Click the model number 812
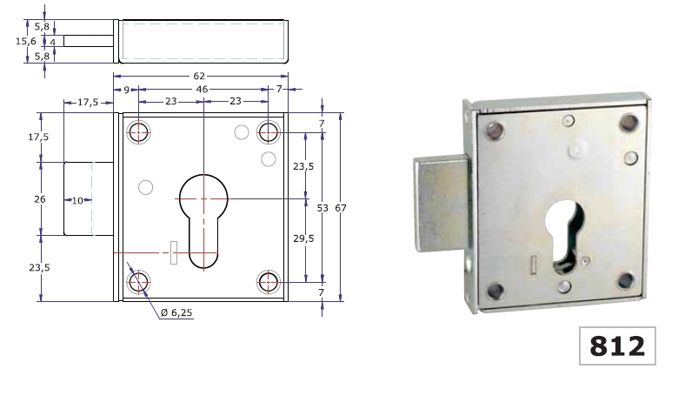pyautogui.click(x=617, y=346)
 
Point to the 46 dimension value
pyautogui.click(x=203, y=90)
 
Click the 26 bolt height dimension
pyautogui.click(x=39, y=199)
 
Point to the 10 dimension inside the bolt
pyautogui.click(x=76, y=201)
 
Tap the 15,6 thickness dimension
pyautogui.click(x=26, y=41)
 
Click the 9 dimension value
pyautogui.click(x=127, y=90)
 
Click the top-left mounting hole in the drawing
pyautogui.click(x=139, y=132)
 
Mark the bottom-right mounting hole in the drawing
pyautogui.click(x=268, y=282)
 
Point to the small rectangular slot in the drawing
pyautogui.click(x=174, y=252)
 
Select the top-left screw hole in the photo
pyautogui.click(x=496, y=131)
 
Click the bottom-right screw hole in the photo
pyautogui.click(x=625, y=280)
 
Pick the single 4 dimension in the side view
pyautogui.click(x=52, y=41)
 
